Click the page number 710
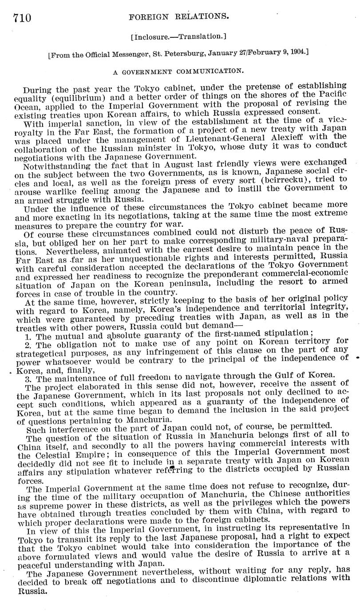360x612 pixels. (x=22, y=17)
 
